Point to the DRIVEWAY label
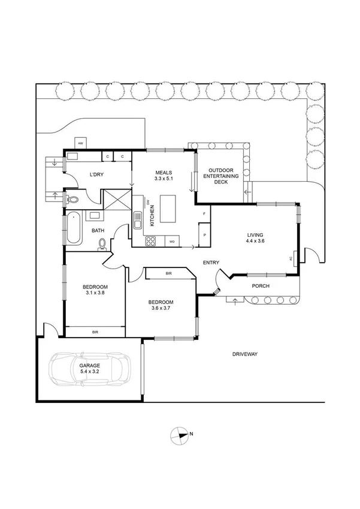(x=245, y=354)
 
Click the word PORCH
(x=260, y=286)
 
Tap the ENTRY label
(x=211, y=263)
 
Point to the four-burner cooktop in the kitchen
(x=151, y=242)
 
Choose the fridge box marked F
(x=204, y=214)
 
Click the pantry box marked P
(x=204, y=235)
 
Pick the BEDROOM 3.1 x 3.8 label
(x=95, y=290)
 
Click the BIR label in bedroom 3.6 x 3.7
(x=168, y=274)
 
